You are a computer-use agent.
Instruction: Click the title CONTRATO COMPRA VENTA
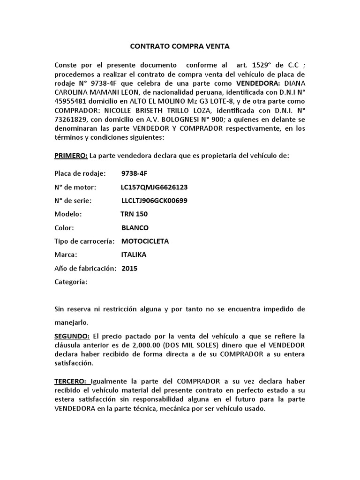coord(180,47)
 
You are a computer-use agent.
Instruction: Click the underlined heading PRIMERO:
coord(71,156)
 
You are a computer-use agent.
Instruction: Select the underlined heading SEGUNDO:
coord(72,337)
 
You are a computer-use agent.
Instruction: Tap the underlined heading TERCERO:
coord(71,382)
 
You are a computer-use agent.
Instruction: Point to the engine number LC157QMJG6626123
coord(154,187)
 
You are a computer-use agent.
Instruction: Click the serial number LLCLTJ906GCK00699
coord(155,201)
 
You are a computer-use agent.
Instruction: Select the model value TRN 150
coord(134,214)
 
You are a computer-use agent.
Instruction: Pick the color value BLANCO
coord(135,228)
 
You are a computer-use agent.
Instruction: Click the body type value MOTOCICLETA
coord(145,241)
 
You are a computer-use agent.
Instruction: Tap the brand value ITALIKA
coord(134,255)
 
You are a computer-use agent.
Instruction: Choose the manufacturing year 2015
coord(129,269)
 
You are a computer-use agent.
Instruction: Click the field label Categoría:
coord(71,282)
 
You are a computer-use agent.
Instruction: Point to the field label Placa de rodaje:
coord(80,173)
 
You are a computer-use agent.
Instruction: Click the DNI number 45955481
coord(71,101)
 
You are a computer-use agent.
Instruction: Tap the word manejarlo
coord(71,323)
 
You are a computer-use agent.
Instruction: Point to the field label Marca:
coord(66,255)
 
